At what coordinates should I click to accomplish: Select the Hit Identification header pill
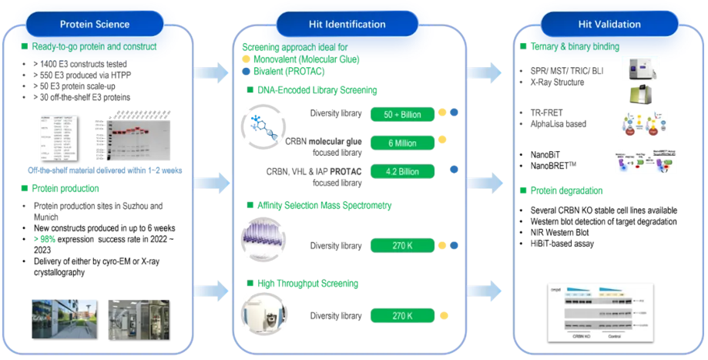354,24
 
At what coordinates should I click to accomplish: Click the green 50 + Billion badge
401,114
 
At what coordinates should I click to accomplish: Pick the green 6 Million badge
401,143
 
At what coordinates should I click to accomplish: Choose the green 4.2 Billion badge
401,170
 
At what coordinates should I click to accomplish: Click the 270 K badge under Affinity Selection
401,246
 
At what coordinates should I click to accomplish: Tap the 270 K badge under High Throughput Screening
401,315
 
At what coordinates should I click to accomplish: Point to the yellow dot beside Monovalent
245,59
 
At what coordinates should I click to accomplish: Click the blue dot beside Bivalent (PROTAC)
245,71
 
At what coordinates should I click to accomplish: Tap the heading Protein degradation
571,190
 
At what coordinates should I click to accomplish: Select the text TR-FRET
548,113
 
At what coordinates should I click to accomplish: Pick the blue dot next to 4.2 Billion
455,170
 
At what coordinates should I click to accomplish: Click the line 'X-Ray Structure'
558,82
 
